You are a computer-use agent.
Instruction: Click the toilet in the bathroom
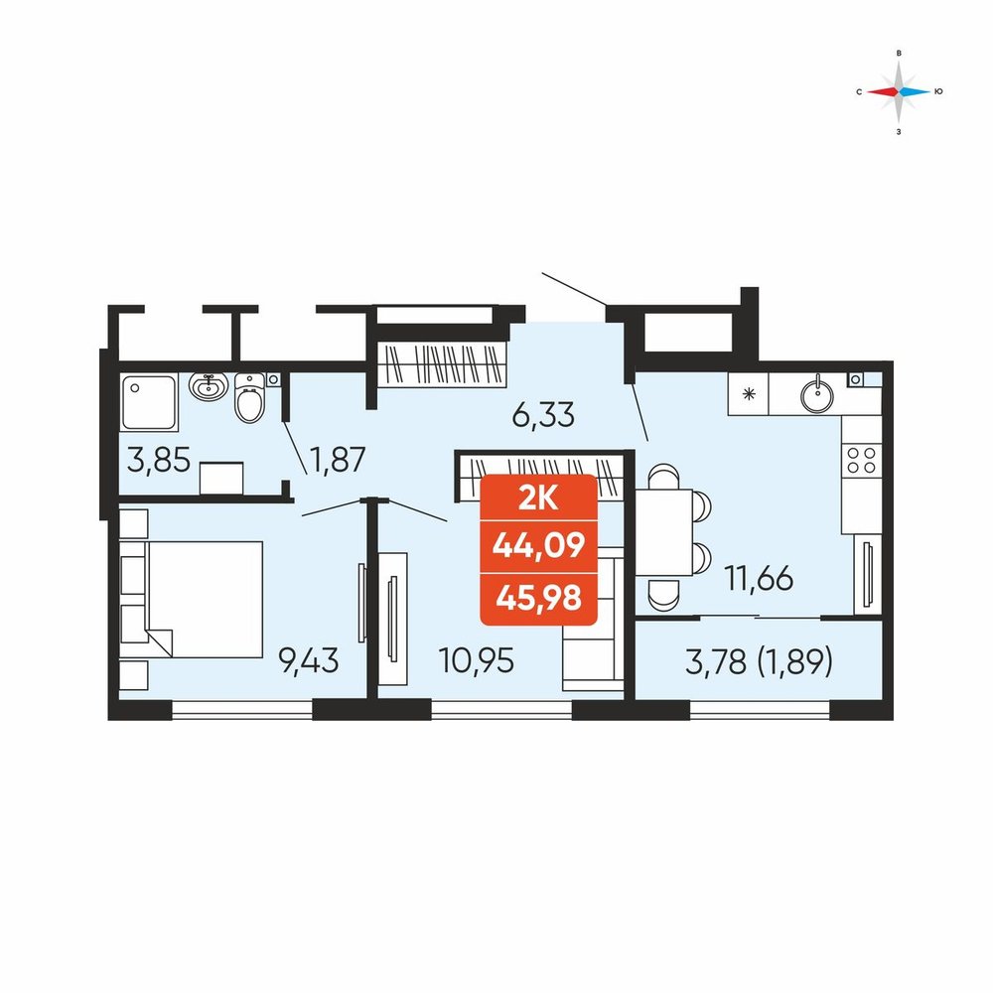249,397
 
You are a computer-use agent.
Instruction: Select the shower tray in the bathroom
149,402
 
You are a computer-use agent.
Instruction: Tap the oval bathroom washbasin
209,385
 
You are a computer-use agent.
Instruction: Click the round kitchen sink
817,395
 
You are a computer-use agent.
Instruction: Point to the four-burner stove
861,461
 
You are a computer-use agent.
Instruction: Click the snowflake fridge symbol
749,394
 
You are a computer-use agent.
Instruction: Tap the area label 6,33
543,415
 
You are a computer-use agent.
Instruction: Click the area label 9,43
309,661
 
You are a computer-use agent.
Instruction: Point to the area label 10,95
477,661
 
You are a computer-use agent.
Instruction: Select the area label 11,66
759,578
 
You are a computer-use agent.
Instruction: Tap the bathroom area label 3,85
158,460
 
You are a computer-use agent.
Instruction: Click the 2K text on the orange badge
538,499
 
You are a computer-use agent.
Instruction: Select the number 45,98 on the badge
539,597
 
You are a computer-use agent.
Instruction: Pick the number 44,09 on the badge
539,544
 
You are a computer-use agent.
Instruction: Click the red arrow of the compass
883,91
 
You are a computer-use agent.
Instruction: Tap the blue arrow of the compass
916,91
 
